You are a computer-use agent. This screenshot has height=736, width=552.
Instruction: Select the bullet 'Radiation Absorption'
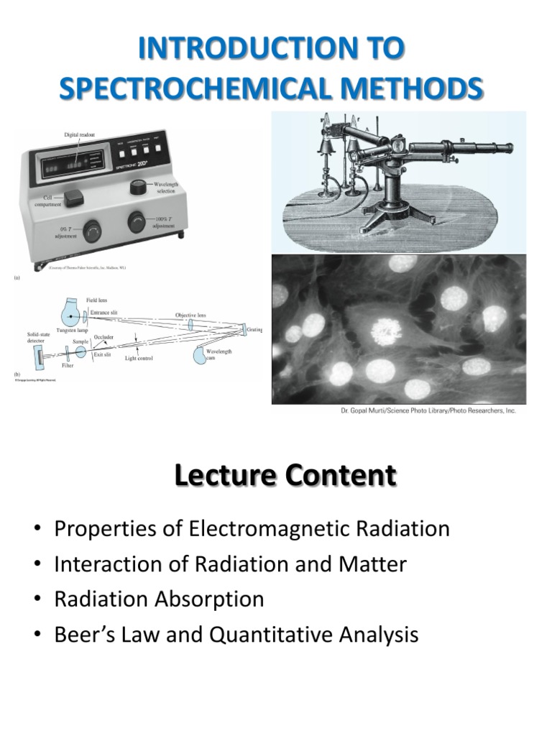click(x=159, y=599)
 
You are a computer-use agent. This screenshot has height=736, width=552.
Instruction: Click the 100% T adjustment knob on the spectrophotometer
click(x=137, y=222)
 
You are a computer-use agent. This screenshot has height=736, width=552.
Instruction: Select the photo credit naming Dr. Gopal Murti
click(x=428, y=411)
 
